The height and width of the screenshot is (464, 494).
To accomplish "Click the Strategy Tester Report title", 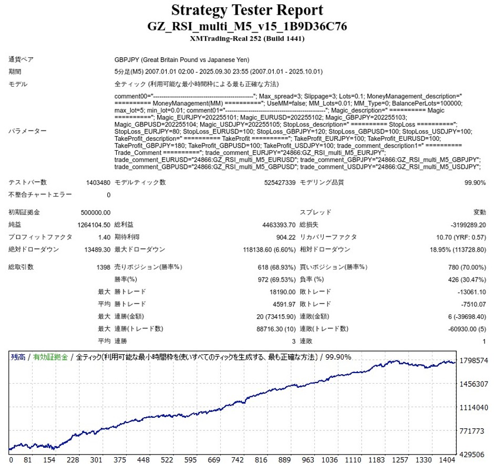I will [x=246, y=10].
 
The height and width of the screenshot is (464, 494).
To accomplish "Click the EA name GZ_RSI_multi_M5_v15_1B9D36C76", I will [x=246, y=26].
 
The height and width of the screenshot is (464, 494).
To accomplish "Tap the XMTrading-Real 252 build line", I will [x=246, y=38].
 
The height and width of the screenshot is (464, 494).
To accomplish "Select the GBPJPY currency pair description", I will [x=182, y=59].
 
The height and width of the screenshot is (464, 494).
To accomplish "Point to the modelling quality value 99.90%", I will [x=475, y=182].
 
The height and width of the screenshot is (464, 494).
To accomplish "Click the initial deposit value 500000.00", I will [x=96, y=212].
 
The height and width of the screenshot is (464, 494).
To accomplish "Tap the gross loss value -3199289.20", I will [x=464, y=224].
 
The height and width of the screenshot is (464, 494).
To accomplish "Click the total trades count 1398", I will [x=103, y=267].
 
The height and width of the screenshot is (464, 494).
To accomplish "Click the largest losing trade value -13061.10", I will [x=468, y=292].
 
